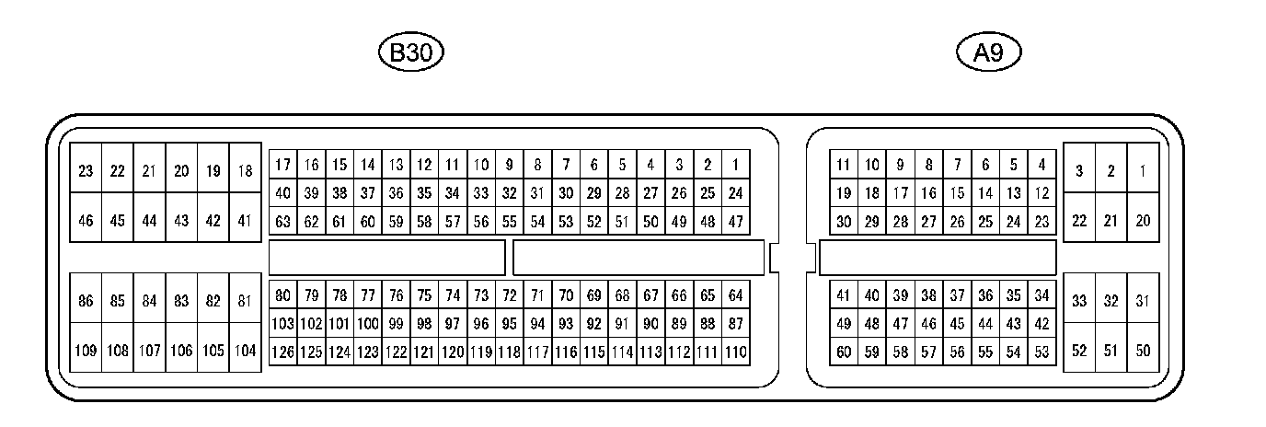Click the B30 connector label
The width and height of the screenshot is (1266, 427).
pyautogui.click(x=411, y=52)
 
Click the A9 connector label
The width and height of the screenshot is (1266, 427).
pyautogui.click(x=989, y=52)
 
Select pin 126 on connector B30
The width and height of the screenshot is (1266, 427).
pyautogui.click(x=283, y=351)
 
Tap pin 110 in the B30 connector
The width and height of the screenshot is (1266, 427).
pyautogui.click(x=736, y=351)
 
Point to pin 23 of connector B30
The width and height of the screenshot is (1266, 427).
pyautogui.click(x=86, y=170)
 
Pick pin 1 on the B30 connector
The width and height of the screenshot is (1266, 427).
pyautogui.click(x=736, y=165)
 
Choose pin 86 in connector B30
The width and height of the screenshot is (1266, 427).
pyautogui.click(x=86, y=301)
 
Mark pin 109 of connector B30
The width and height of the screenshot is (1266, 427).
pyautogui.click(x=86, y=351)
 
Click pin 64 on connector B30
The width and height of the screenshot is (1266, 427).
pyautogui.click(x=736, y=295)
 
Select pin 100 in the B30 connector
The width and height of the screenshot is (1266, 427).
pyautogui.click(x=368, y=323)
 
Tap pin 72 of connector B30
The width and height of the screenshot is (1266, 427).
pyautogui.click(x=509, y=295)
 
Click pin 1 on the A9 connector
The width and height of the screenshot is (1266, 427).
pyautogui.click(x=1143, y=170)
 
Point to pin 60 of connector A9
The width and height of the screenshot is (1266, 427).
pyautogui.click(x=844, y=351)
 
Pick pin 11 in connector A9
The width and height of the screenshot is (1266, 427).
pyautogui.click(x=844, y=165)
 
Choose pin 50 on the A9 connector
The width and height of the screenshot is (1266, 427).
pyautogui.click(x=1143, y=351)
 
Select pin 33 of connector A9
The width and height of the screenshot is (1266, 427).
pyautogui.click(x=1079, y=301)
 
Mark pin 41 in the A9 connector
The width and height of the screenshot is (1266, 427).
pyautogui.click(x=844, y=295)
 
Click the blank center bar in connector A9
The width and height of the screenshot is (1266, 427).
pyautogui.click(x=938, y=258)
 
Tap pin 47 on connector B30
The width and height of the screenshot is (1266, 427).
pyautogui.click(x=736, y=221)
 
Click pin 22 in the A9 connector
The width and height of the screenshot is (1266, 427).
pyautogui.click(x=1079, y=221)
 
